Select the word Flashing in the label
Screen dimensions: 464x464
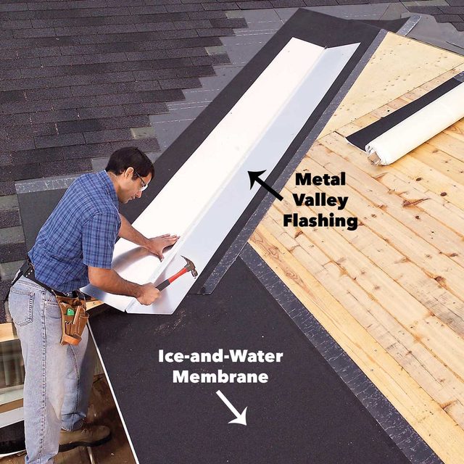[323, 220]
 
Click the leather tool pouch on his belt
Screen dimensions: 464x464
[73, 319]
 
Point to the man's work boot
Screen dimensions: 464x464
[85, 436]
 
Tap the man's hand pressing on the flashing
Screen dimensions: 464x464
[162, 244]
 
